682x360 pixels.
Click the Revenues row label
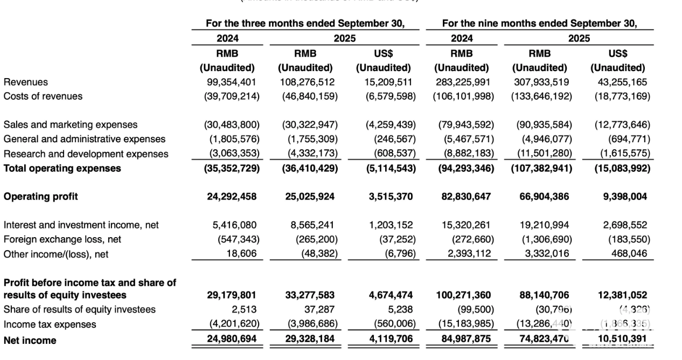tap(25, 82)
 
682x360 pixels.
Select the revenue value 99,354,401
tap(232, 82)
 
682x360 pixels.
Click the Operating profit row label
tap(40, 197)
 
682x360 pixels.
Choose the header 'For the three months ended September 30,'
tap(305, 23)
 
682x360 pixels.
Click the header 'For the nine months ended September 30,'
tap(539, 23)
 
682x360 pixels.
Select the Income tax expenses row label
tap(50, 324)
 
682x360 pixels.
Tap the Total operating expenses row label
tap(62, 168)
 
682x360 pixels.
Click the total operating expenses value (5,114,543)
tap(386, 168)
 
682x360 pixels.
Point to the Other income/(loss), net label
tap(56, 254)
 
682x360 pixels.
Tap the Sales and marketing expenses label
tap(71, 125)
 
